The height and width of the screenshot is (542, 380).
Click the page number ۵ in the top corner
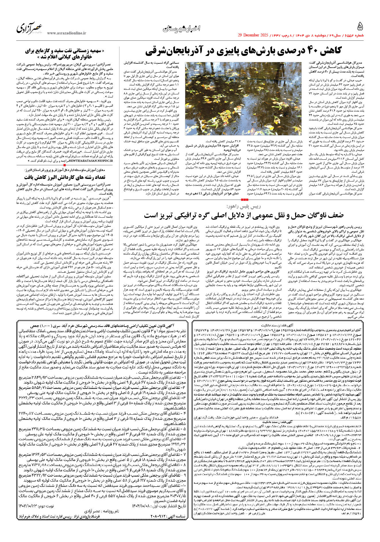360,27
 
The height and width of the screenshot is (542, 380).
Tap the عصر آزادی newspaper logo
29,28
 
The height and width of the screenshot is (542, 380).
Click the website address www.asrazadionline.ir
66,33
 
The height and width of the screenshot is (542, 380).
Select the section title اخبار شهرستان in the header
181,28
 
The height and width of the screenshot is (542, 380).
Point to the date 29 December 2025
253,35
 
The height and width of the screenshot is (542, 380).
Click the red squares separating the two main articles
244,199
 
